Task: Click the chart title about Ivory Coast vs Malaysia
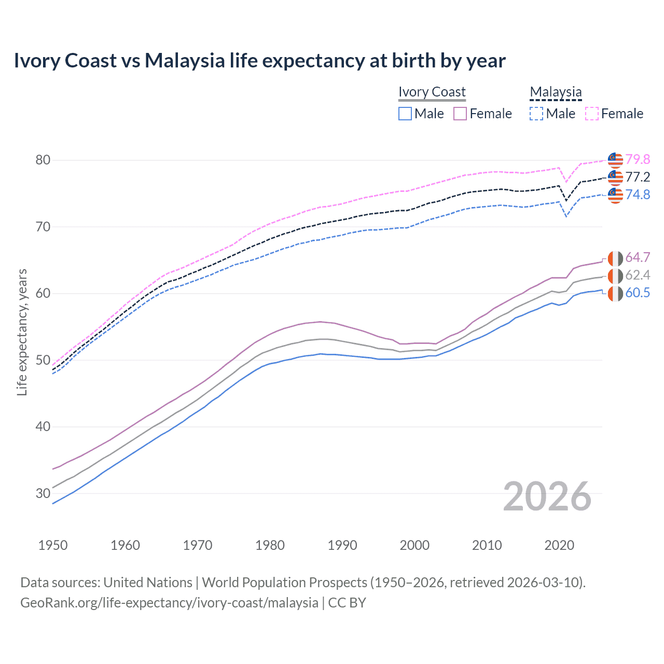click(x=259, y=61)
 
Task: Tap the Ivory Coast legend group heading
click(x=432, y=92)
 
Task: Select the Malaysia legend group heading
click(x=556, y=92)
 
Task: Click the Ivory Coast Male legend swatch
click(x=405, y=114)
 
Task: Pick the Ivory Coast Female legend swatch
click(x=460, y=114)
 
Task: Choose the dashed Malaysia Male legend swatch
click(x=536, y=114)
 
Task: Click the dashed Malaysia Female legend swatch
click(x=592, y=114)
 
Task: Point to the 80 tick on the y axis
click(x=43, y=160)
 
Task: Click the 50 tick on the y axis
click(x=43, y=360)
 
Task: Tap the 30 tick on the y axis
click(x=43, y=493)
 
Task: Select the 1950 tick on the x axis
click(x=53, y=545)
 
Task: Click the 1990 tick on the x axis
click(x=342, y=545)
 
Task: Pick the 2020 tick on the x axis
click(x=559, y=545)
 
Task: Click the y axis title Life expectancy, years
click(x=22, y=332)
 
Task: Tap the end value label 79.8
click(x=638, y=159)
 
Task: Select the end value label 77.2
click(x=638, y=177)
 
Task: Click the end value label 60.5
click(x=638, y=293)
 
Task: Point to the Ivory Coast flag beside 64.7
click(x=615, y=258)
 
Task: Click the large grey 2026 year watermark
click(x=547, y=496)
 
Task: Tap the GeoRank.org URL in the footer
click(x=169, y=603)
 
